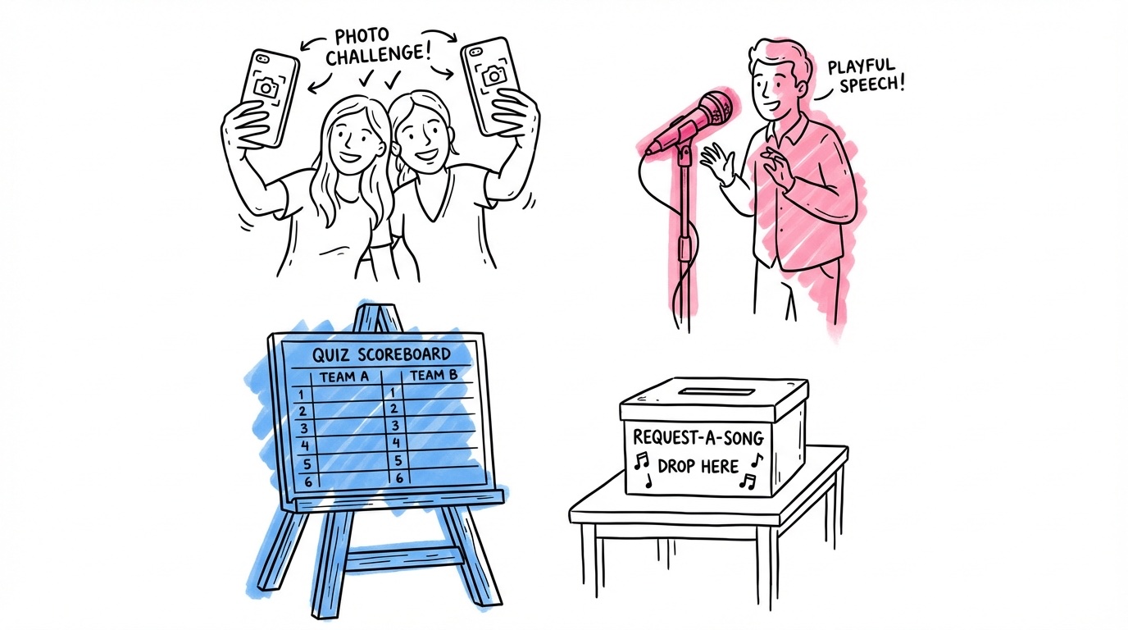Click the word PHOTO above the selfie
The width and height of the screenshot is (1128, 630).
pos(362,37)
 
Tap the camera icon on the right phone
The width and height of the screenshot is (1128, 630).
pos(493,75)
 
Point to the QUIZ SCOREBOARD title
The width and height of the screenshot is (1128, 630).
pos(381,354)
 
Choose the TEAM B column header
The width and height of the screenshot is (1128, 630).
pos(433,376)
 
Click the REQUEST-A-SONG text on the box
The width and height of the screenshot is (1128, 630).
pos(698,436)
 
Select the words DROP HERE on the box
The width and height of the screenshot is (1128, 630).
pos(697,465)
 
